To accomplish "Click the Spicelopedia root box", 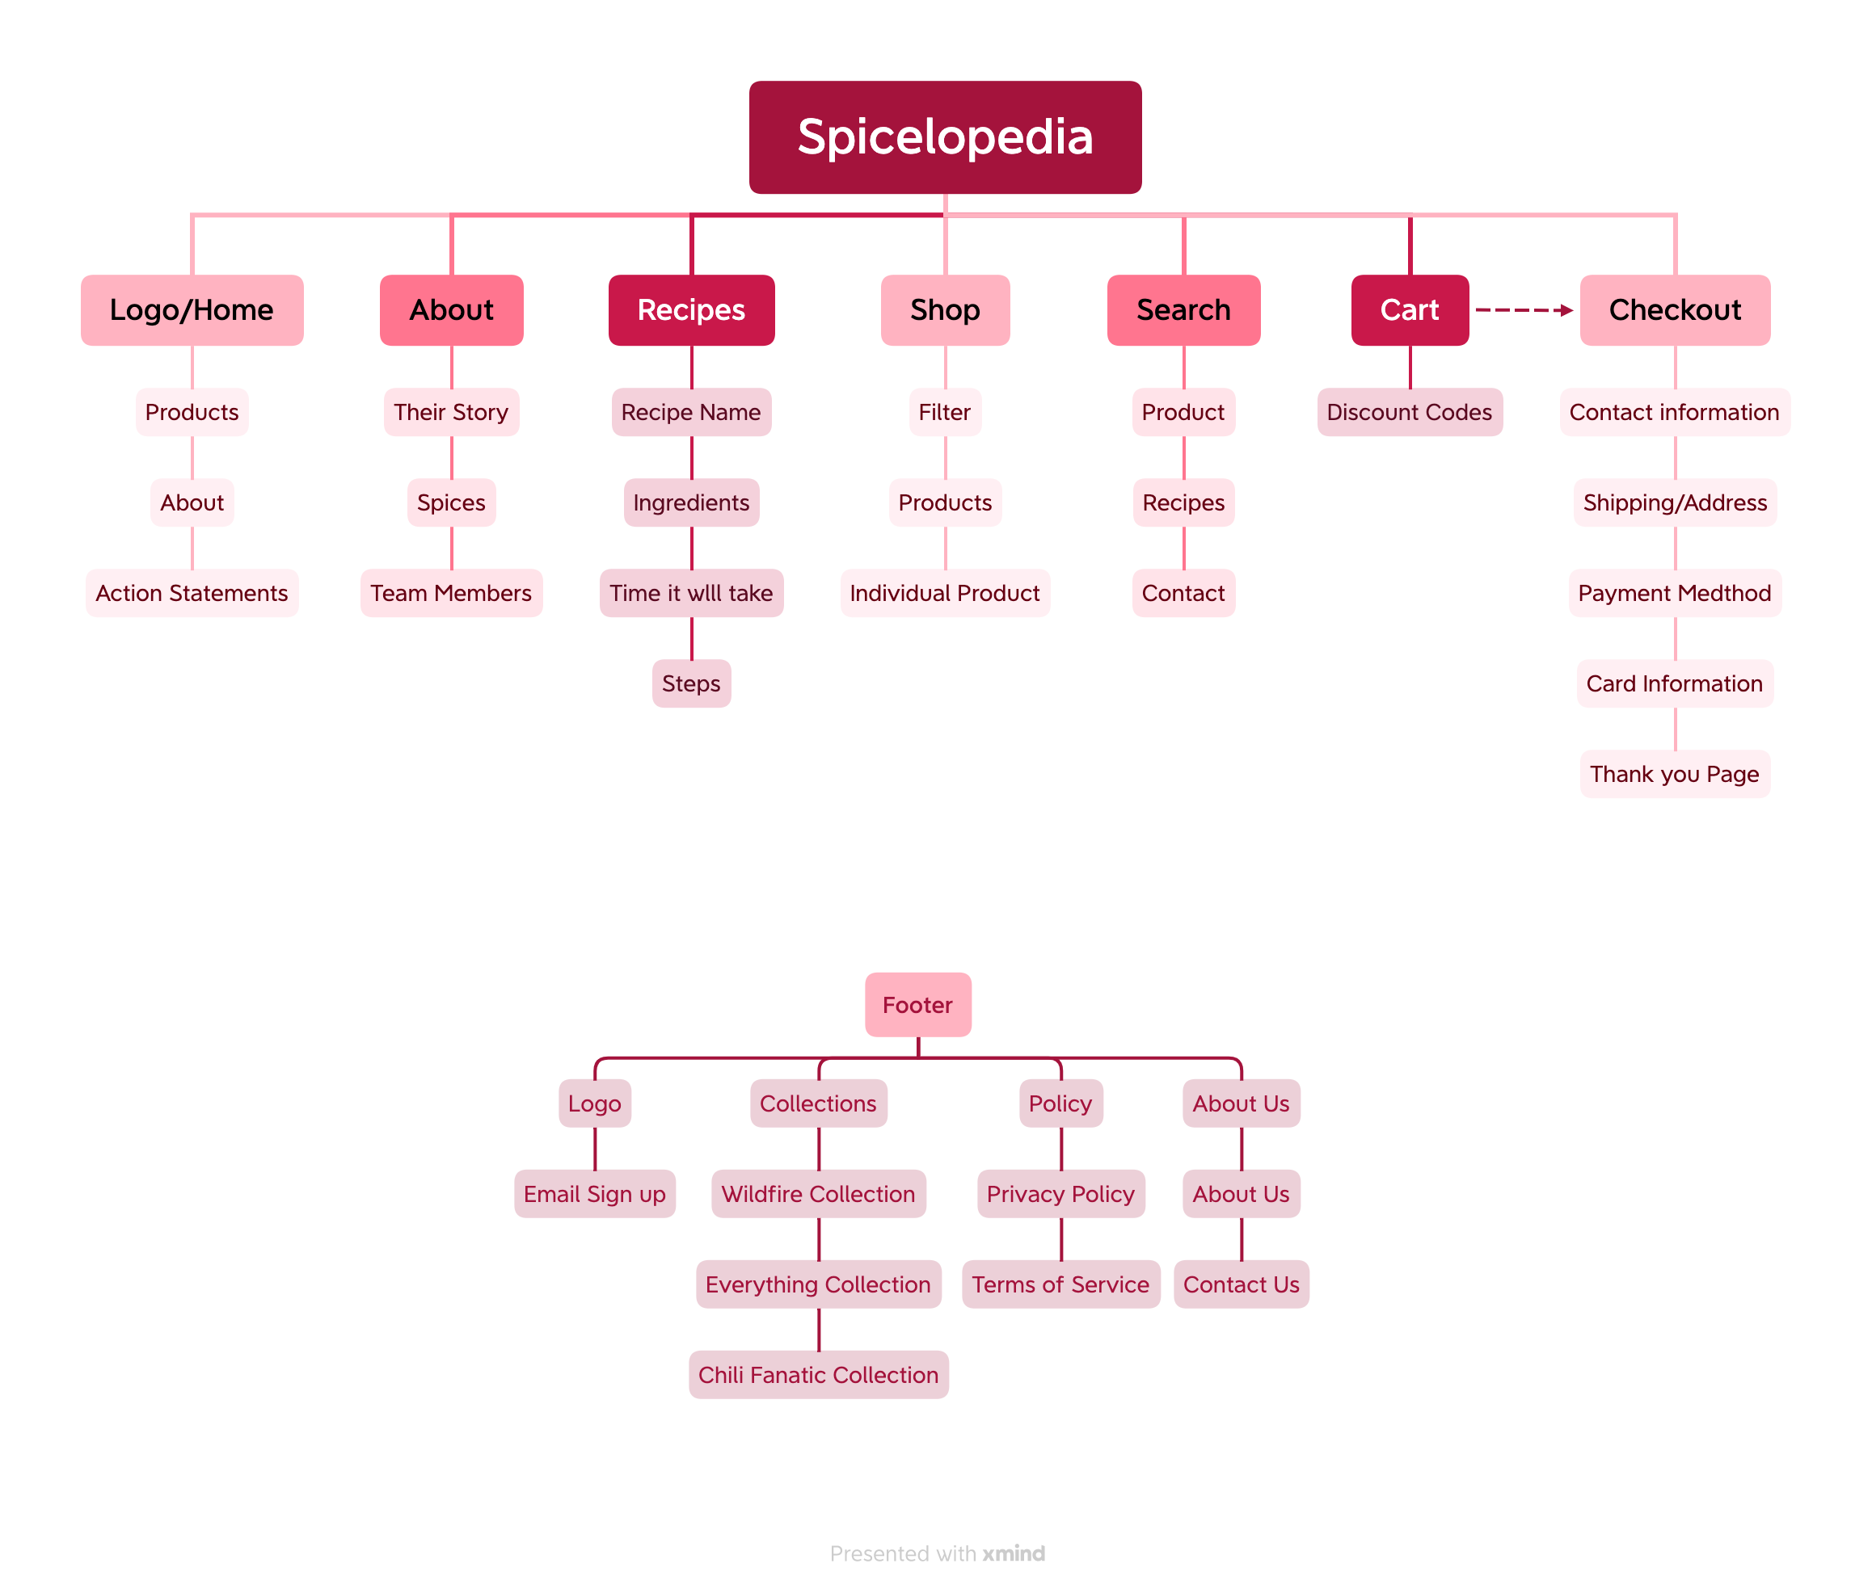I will pyautogui.click(x=945, y=137).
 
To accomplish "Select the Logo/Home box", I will pyautogui.click(x=192, y=309).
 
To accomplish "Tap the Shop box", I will pyautogui.click(x=945, y=309).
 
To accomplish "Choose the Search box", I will pyautogui.click(x=1183, y=309).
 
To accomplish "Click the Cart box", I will pyautogui.click(x=1410, y=309).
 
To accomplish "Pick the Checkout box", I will pyautogui.click(x=1675, y=309).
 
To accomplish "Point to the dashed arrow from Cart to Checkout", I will pyautogui.click(x=1524, y=309).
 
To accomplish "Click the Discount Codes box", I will pyautogui.click(x=1410, y=413).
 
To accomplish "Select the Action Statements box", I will pyautogui.click(x=192, y=593).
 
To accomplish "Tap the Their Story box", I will pyautogui.click(x=451, y=413).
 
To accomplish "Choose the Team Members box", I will pyautogui.click(x=451, y=593).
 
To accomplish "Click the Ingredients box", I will pyautogui.click(x=691, y=503).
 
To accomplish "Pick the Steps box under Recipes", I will pyautogui.click(x=691, y=683).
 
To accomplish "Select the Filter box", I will pyautogui.click(x=945, y=413).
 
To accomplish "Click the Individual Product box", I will pyautogui.click(x=945, y=593).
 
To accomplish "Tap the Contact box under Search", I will pyautogui.click(x=1183, y=593).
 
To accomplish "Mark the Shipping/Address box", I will pyautogui.click(x=1675, y=503).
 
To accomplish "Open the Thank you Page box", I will pyautogui.click(x=1675, y=774).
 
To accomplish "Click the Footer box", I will pyautogui.click(x=918, y=1004).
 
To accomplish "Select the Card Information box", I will pyautogui.click(x=1675, y=683).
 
